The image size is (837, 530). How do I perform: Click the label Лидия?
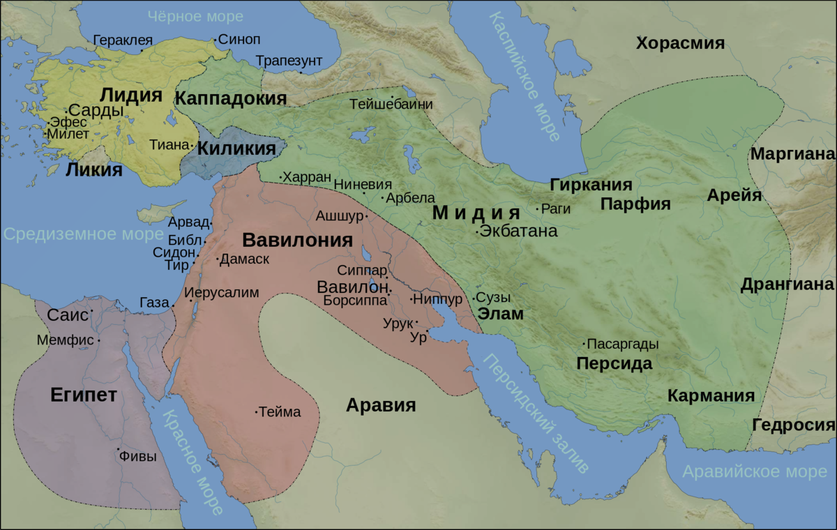click(x=131, y=96)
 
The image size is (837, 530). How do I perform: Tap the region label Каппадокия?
click(x=231, y=98)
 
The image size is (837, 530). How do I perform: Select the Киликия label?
click(x=236, y=149)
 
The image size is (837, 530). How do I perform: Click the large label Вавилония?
click(x=297, y=241)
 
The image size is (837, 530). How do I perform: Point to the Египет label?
click(x=83, y=395)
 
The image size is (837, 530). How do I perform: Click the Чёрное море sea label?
click(x=196, y=15)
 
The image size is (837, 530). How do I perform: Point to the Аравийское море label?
click(x=754, y=471)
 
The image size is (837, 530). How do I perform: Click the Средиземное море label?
click(x=73, y=234)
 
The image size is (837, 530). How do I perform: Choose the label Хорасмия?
click(x=680, y=43)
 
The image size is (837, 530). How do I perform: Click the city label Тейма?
click(x=280, y=412)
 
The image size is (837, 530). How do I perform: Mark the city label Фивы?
click(x=137, y=457)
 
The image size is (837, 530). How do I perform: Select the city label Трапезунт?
click(x=288, y=61)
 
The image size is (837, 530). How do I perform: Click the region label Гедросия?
click(x=794, y=425)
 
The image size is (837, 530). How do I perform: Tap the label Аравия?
click(x=381, y=405)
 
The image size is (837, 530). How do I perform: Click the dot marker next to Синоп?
click(x=215, y=39)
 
